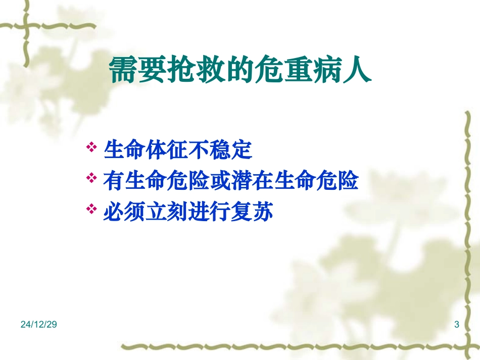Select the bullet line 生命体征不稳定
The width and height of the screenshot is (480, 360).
tap(177, 150)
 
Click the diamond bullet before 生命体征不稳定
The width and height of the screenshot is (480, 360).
tap(91, 147)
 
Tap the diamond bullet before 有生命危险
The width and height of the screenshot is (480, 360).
tap(91, 178)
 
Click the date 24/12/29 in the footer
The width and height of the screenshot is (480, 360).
tap(39, 325)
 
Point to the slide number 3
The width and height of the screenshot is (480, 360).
tap(457, 325)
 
